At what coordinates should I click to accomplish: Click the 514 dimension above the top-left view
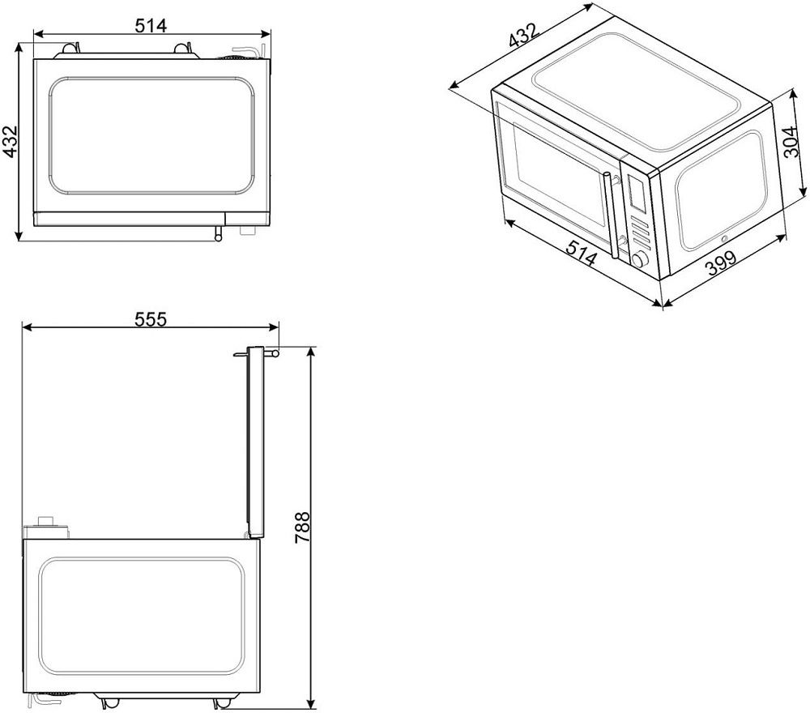click(151, 25)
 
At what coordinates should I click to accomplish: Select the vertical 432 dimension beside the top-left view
click(11, 141)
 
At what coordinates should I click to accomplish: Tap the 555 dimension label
click(151, 319)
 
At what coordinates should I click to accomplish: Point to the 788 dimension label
click(302, 527)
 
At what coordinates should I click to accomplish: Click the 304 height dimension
click(792, 141)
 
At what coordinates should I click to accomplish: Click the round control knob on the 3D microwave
click(640, 259)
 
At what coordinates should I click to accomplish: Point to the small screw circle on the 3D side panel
click(723, 239)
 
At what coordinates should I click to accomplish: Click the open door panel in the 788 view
click(256, 442)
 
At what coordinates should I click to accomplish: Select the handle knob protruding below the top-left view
click(219, 233)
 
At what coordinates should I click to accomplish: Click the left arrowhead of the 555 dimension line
click(27, 327)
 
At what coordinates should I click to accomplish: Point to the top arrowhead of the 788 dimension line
click(310, 352)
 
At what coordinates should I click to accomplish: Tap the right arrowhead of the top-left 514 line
click(266, 35)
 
